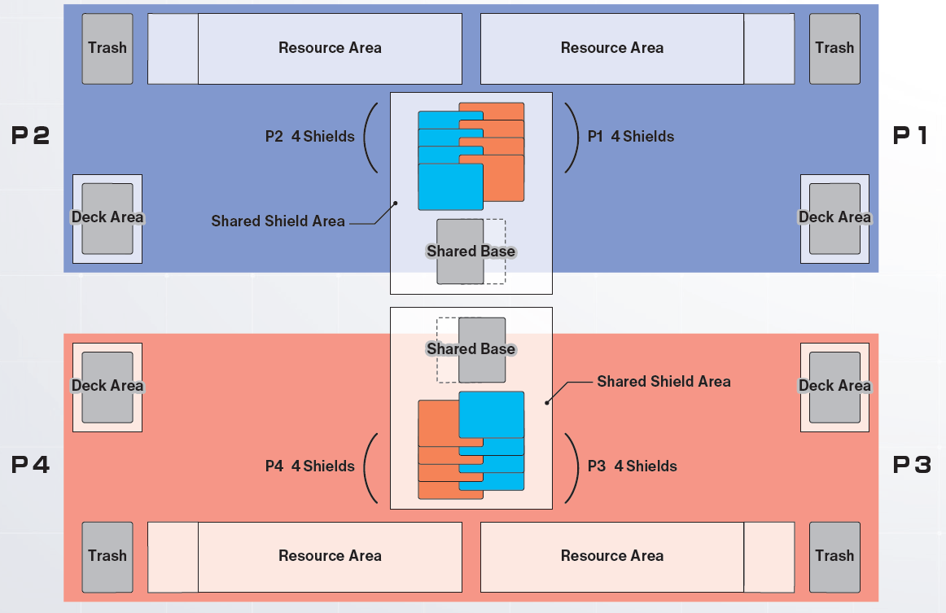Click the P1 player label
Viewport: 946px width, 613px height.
[910, 136]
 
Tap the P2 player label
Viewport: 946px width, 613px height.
[31, 136]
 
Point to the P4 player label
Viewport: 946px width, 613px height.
[31, 465]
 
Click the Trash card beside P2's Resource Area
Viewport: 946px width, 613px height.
[107, 48]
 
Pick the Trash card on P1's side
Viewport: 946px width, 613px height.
[834, 48]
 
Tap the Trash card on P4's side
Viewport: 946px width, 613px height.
[107, 556]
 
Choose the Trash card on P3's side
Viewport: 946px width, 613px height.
[834, 556]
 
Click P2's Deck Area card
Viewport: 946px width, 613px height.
[107, 218]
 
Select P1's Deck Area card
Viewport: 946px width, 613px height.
[834, 218]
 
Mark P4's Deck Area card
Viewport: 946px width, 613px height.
[107, 387]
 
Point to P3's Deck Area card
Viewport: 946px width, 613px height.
[834, 387]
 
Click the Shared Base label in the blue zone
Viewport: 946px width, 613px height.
[471, 252]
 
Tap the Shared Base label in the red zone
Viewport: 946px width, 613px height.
[471, 349]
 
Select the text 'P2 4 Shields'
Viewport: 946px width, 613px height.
[310, 137]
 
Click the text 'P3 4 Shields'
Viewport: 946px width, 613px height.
[633, 466]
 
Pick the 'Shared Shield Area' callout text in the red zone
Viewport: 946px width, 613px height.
[664, 382]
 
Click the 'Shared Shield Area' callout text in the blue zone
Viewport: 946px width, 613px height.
[278, 221]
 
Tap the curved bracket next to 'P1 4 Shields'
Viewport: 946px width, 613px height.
[571, 137]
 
